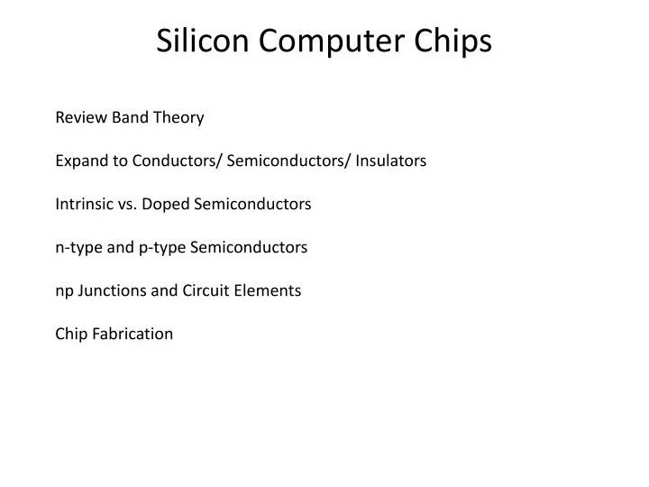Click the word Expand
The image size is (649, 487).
point(81,161)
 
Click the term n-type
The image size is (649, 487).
point(78,247)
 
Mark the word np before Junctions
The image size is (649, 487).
point(64,290)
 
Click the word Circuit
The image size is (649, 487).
point(204,290)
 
